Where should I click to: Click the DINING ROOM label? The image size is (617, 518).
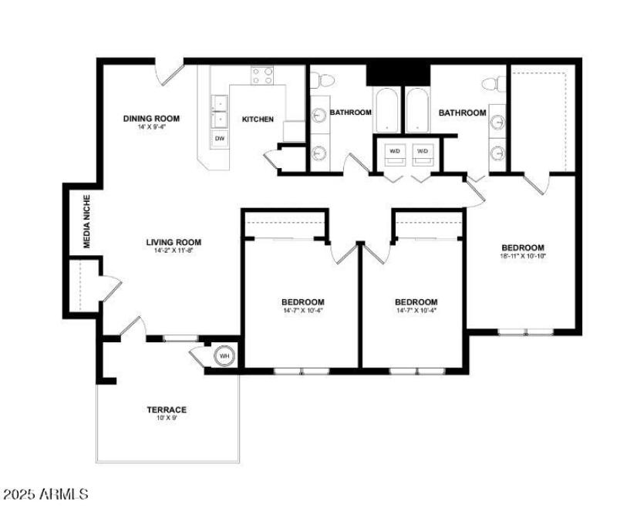[152, 118]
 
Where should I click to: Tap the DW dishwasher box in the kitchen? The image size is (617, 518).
[220, 139]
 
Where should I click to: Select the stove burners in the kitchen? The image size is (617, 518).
[263, 76]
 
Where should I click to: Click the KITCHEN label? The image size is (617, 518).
[258, 119]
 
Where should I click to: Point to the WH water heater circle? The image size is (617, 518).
[224, 356]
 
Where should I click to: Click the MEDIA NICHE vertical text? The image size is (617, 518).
[87, 224]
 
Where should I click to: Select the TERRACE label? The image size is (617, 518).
[167, 409]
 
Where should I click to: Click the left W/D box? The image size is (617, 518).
[395, 151]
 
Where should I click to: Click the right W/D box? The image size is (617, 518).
[423, 151]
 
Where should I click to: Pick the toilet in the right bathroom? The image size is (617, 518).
[494, 82]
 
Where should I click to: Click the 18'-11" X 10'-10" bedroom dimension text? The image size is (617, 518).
[524, 257]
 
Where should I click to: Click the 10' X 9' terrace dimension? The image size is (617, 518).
[167, 419]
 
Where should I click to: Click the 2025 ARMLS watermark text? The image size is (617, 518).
[46, 493]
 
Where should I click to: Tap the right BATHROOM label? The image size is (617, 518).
[463, 113]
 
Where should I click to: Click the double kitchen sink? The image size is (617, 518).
[219, 111]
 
